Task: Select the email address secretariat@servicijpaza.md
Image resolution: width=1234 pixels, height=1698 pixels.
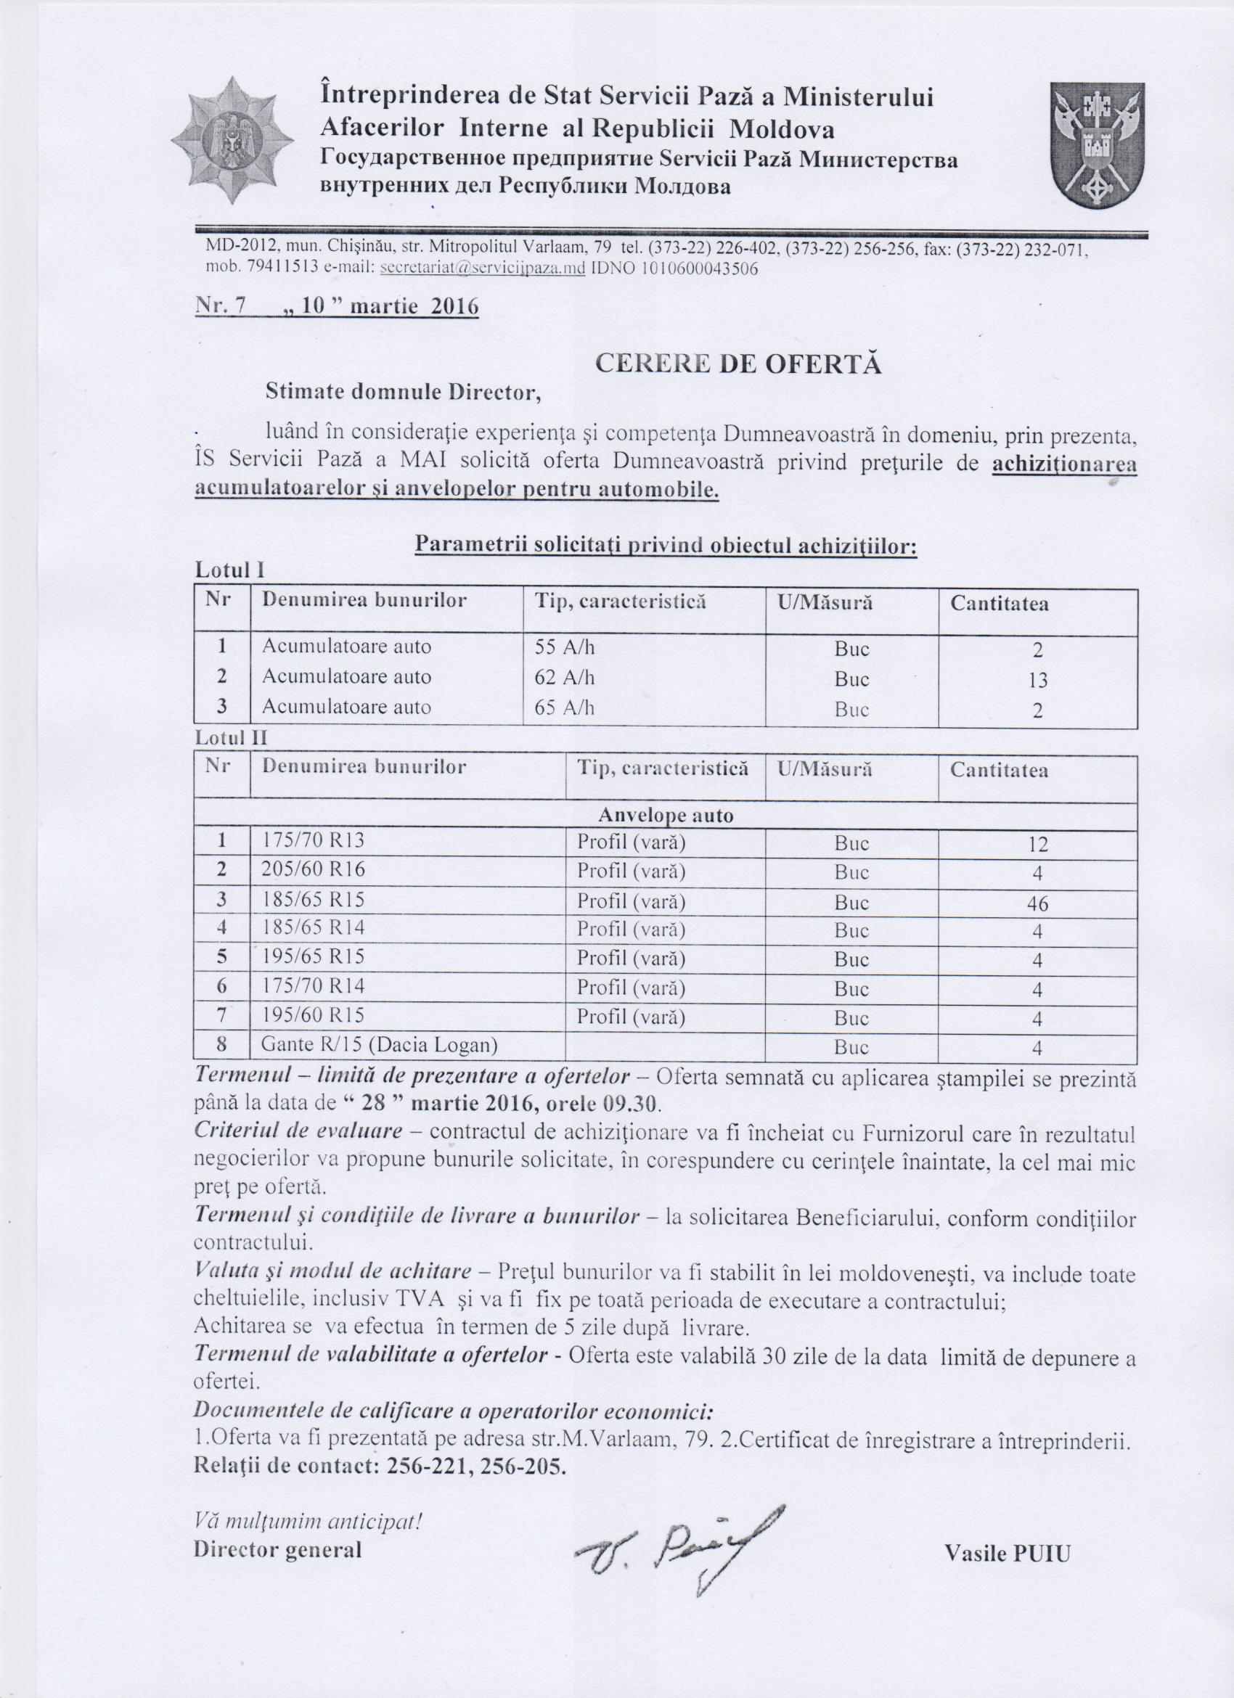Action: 482,269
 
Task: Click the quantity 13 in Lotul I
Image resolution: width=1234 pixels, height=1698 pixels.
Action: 1037,680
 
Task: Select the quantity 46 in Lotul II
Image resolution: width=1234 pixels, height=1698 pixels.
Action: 1037,903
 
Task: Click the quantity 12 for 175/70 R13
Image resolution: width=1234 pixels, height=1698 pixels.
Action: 1037,845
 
